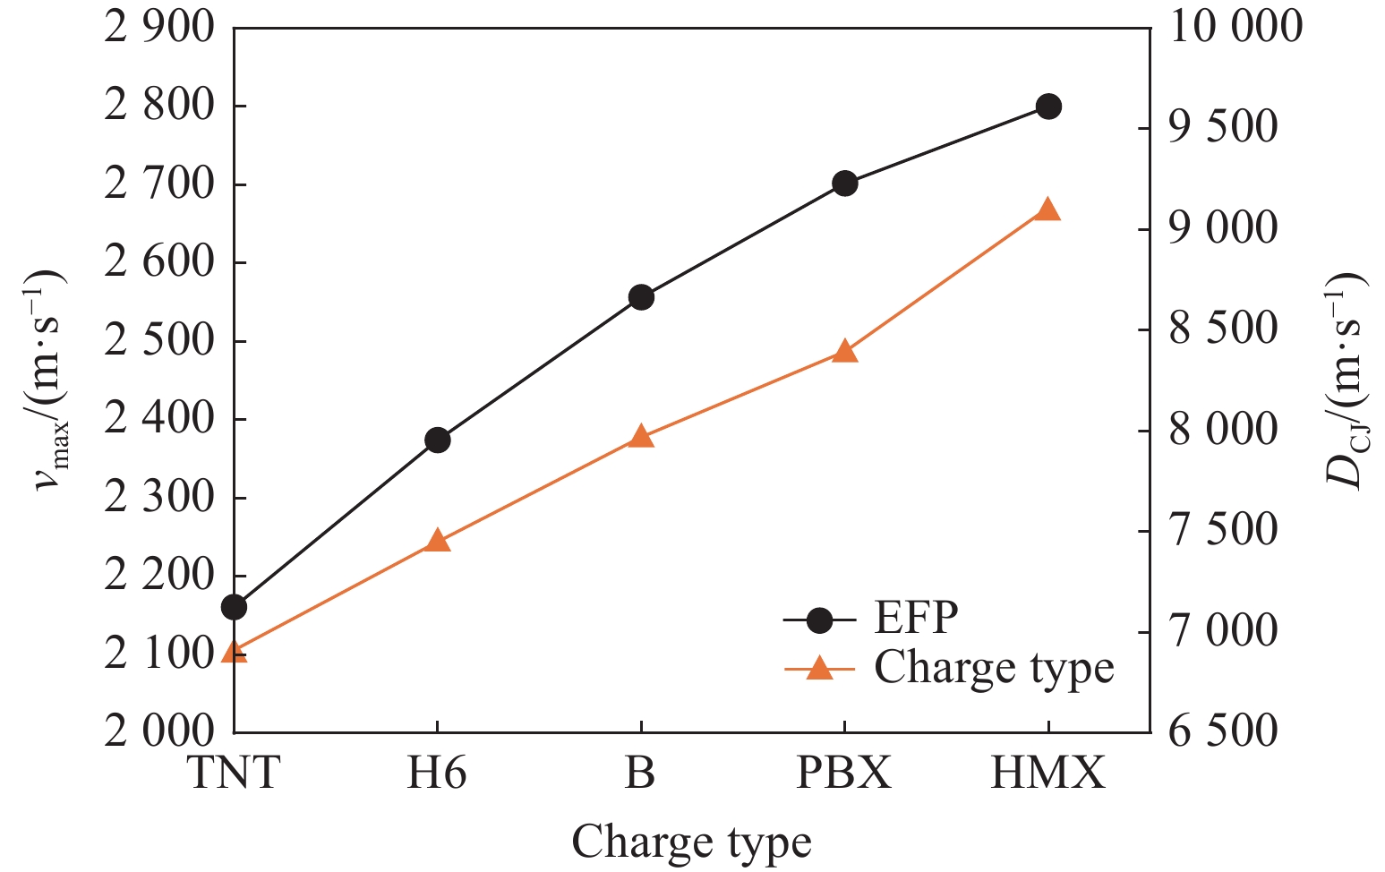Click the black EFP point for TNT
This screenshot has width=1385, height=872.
pos(234,608)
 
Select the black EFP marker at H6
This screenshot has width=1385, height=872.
pos(437,440)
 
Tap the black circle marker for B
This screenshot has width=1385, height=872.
pos(641,298)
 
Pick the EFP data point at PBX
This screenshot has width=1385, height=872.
pos(844,184)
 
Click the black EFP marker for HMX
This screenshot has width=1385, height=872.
pos(1048,107)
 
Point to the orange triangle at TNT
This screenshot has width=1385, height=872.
pos(234,651)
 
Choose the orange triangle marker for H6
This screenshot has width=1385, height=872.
pos(437,540)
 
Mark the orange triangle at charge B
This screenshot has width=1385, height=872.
pos(641,437)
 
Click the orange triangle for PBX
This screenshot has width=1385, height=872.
pos(844,351)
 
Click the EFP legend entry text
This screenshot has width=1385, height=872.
pos(916,618)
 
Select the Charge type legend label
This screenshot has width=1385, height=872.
pos(994,668)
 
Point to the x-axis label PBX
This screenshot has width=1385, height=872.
pos(844,773)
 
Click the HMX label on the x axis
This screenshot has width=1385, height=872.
pos(1048,773)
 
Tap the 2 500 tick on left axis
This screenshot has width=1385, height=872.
pos(160,341)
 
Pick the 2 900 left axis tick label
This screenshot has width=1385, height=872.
pos(160,28)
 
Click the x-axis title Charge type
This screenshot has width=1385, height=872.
pos(691,842)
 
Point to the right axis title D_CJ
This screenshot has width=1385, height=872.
pos(1346,380)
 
